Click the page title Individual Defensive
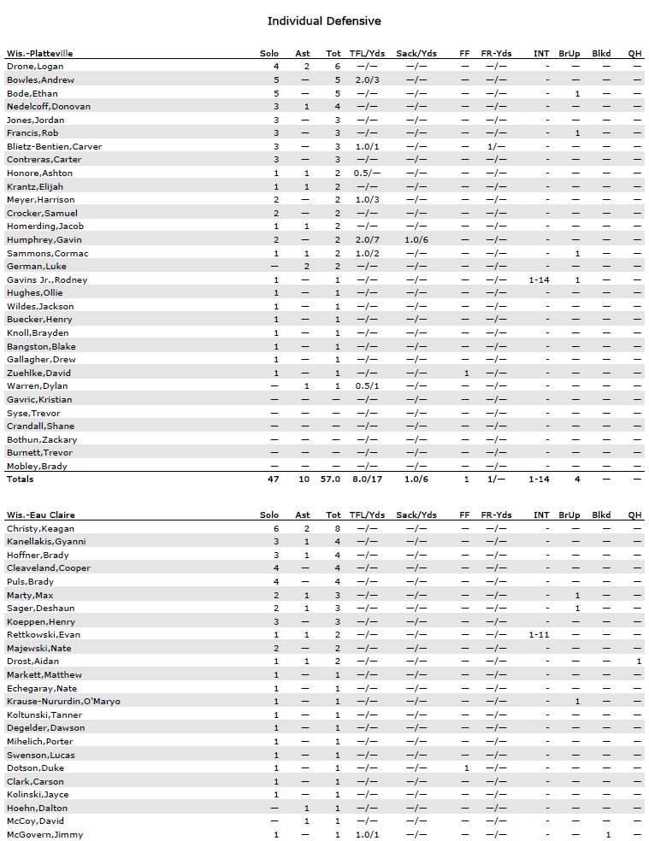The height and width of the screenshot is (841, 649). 324,21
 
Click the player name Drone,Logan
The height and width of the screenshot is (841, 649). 35,67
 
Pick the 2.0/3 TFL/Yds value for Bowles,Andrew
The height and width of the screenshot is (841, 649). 367,80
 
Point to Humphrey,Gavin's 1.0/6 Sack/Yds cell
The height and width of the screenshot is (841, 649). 416,240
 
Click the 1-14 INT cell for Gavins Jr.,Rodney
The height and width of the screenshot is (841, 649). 539,280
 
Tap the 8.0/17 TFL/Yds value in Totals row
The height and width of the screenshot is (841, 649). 367,479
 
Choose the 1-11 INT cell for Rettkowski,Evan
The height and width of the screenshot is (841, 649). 539,635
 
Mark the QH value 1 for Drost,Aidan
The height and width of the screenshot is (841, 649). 638,662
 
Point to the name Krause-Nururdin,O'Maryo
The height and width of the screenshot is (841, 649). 63,702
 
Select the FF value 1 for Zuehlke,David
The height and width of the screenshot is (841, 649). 466,373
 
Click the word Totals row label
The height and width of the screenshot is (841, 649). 21,479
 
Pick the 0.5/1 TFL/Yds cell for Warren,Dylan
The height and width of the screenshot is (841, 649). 367,386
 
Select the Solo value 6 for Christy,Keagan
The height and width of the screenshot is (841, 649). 276,528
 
